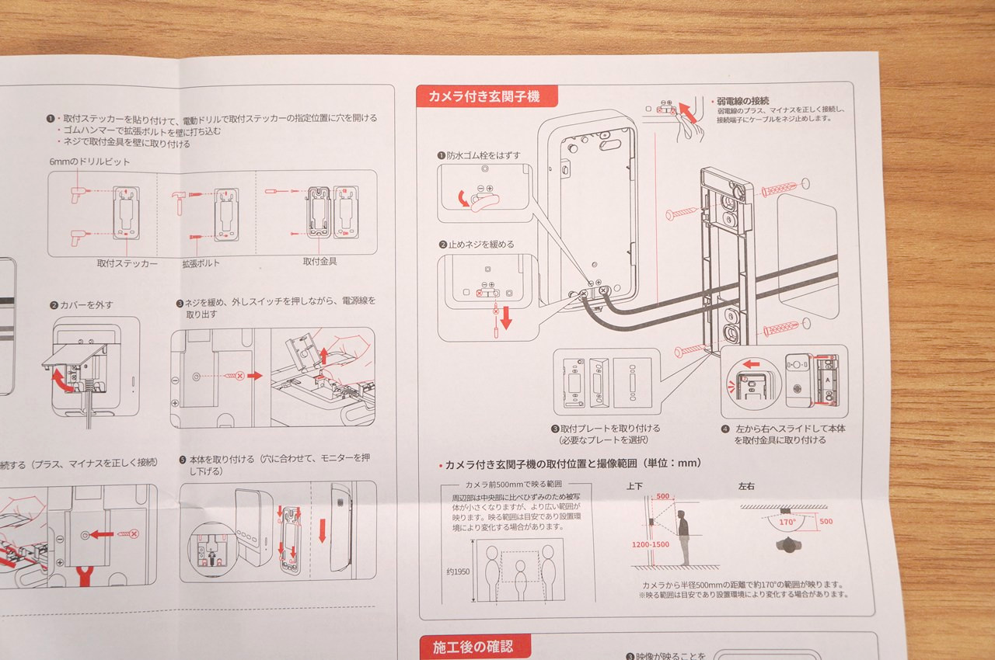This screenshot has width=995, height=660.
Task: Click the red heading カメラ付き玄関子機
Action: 489,97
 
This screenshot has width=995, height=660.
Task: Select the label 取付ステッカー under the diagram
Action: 127,264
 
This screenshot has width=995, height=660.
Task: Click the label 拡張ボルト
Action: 201,264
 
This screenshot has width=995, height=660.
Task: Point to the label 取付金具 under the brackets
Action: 319,262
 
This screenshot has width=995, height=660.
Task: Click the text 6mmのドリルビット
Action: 89,162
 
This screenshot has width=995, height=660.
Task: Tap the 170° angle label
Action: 787,522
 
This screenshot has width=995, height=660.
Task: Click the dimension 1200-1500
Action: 650,545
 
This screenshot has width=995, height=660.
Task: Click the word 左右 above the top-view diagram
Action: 746,487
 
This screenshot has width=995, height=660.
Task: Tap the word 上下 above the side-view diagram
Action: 635,487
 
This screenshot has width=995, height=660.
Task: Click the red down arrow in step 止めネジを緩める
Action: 506,318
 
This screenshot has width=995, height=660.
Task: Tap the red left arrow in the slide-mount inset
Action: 750,363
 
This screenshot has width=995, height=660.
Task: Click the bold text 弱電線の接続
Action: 743,101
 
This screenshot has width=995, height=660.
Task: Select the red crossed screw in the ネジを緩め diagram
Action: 239,376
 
